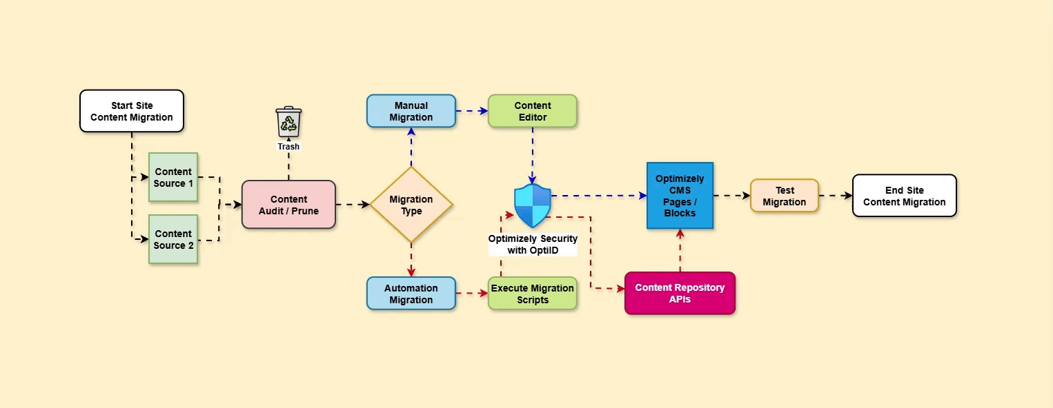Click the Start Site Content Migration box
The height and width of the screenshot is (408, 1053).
(x=132, y=111)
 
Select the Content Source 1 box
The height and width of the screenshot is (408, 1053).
(x=173, y=178)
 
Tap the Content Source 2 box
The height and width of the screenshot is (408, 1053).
(x=173, y=239)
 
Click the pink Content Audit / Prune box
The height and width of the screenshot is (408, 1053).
(x=288, y=205)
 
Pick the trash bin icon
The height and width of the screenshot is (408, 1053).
(x=288, y=122)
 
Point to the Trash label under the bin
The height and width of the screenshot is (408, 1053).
(x=288, y=147)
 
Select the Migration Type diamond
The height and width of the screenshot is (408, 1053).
(x=411, y=205)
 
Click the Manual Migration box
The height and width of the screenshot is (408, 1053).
(x=411, y=111)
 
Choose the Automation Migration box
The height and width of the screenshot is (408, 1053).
(x=411, y=294)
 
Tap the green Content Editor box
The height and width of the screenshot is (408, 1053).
(x=532, y=111)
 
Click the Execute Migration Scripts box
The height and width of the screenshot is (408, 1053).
(x=532, y=294)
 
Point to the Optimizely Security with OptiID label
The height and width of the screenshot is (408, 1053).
(x=533, y=245)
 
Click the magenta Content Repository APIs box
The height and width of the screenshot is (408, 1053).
(x=680, y=294)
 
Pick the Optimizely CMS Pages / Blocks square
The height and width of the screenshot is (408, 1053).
(x=680, y=196)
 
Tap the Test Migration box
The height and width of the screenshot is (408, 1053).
(x=784, y=196)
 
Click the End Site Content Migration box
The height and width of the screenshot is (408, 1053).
(x=904, y=196)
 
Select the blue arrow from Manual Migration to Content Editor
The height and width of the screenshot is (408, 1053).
(x=472, y=111)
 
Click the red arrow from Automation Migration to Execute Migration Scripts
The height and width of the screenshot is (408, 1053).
(x=472, y=294)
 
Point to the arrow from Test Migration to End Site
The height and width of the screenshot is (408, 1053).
(x=836, y=196)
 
